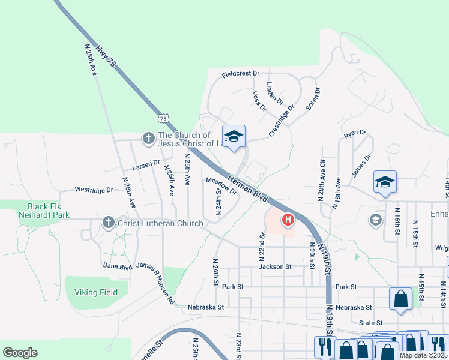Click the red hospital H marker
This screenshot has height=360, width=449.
pyautogui.click(x=288, y=221)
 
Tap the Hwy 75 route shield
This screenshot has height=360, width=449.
pyautogui.click(x=164, y=118)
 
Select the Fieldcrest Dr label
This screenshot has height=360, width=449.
pyautogui.click(x=240, y=74)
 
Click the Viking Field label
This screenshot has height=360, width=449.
pyautogui.click(x=96, y=292)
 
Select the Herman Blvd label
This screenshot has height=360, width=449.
pyautogui.click(x=247, y=187)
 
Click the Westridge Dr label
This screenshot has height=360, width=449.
pyautogui.click(x=94, y=190)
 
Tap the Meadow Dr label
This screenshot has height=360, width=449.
pyautogui.click(x=221, y=186)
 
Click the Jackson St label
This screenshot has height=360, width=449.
pyautogui.click(x=275, y=266)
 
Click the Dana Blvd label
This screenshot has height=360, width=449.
pyautogui.click(x=118, y=265)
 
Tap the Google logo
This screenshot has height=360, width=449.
pyautogui.click(x=20, y=353)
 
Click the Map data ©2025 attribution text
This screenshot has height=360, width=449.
pyautogui.click(x=424, y=355)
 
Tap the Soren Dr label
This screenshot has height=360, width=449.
pyautogui.click(x=313, y=99)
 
